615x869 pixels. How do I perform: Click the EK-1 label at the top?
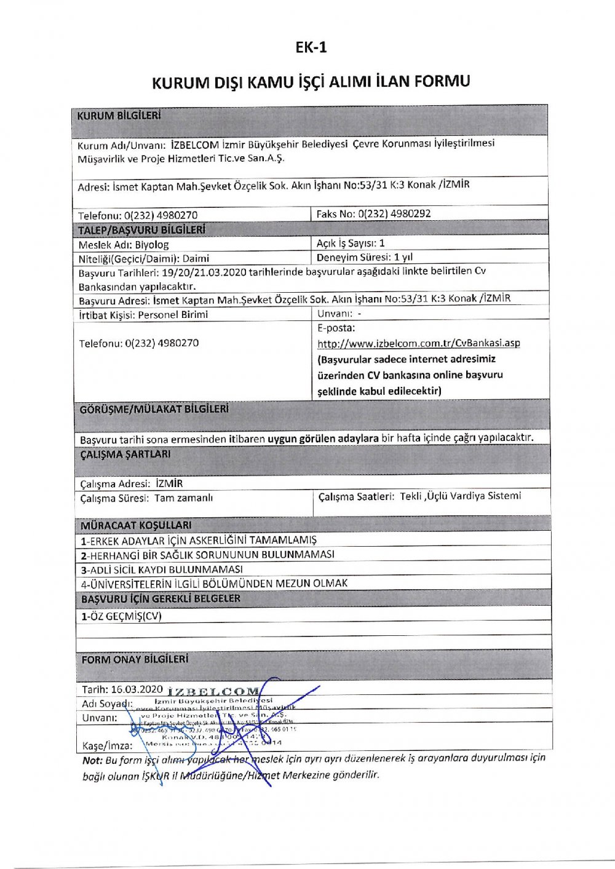(311, 47)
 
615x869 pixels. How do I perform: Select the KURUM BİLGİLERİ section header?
(119, 115)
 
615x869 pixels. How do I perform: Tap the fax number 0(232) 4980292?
(394, 214)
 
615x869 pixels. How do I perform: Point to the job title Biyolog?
(152, 244)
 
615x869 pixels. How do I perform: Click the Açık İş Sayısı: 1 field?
(351, 243)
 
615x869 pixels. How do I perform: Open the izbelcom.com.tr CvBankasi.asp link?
(418, 343)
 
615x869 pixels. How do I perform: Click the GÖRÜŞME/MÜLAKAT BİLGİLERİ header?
(154, 409)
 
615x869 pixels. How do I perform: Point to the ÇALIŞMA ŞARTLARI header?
(125, 454)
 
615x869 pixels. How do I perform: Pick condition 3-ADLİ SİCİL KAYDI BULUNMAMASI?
(162, 569)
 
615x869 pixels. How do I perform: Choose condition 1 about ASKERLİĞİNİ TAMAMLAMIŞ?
(199, 540)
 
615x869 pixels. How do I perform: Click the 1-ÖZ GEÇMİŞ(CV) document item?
(121, 616)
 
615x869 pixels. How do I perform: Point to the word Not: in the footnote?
(92, 760)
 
